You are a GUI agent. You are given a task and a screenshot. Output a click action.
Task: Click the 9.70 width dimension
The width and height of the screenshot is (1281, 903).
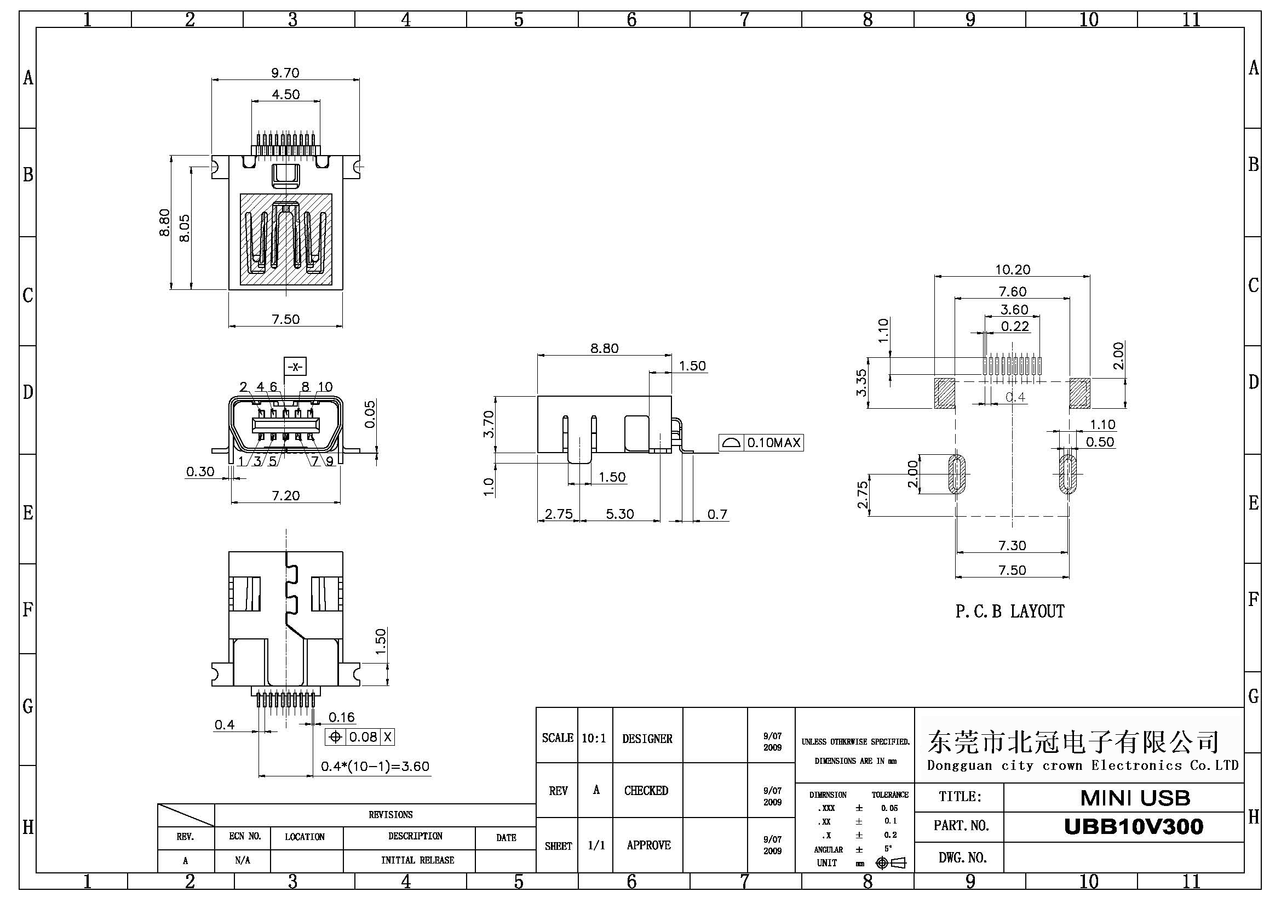click(285, 73)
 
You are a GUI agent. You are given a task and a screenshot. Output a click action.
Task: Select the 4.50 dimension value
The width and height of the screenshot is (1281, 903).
click(286, 94)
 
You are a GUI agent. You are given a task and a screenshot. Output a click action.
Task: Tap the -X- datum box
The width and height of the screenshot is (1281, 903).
click(295, 367)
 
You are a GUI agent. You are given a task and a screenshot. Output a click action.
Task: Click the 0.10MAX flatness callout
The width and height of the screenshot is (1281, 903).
click(761, 443)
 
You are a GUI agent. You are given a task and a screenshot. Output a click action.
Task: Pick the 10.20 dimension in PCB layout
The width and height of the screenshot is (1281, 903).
click(1012, 270)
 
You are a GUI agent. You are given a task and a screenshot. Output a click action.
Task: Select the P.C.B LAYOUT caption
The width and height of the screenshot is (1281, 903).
click(1009, 611)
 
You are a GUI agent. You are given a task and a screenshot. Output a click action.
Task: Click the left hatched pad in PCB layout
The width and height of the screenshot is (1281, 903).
click(945, 393)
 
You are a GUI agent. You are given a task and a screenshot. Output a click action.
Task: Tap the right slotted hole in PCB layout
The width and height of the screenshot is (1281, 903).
click(1067, 475)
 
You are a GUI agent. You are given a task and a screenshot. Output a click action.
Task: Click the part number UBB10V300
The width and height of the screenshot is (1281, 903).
click(1133, 826)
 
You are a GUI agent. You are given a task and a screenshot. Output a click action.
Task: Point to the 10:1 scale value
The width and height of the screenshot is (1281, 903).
click(594, 739)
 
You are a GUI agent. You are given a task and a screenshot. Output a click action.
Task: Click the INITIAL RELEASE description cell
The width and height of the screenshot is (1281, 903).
click(417, 860)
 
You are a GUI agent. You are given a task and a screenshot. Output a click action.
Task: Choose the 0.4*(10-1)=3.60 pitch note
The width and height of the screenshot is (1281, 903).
click(375, 766)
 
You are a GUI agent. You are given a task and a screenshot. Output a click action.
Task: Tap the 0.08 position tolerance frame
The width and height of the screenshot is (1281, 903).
click(360, 736)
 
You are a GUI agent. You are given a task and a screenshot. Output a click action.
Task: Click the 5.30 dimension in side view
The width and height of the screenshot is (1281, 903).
click(620, 514)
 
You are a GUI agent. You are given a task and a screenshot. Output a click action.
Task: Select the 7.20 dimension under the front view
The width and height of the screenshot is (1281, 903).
click(286, 495)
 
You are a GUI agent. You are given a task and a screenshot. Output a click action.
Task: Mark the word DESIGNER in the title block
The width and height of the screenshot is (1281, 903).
click(647, 739)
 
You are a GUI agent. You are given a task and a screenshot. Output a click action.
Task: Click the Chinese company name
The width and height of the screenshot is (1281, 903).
click(1073, 742)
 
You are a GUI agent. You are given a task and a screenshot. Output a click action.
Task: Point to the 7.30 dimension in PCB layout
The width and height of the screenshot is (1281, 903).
click(1012, 545)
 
